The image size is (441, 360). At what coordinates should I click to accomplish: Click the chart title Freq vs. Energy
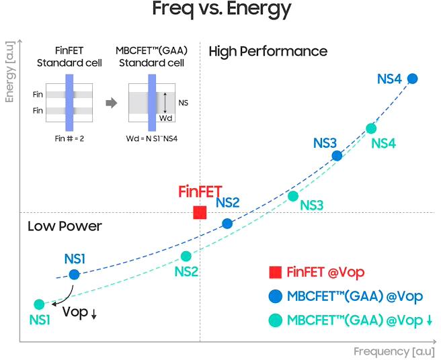click(221, 9)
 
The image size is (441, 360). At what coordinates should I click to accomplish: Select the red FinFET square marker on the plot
click(200, 212)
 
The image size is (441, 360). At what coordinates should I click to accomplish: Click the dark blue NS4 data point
click(413, 79)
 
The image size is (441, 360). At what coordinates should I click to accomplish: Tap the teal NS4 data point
click(371, 128)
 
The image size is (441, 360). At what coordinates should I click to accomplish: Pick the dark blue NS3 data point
click(337, 156)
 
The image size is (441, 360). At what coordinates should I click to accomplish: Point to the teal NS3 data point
click(293, 196)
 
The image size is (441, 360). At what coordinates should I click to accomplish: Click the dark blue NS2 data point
click(227, 223)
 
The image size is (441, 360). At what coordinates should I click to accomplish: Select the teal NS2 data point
click(187, 256)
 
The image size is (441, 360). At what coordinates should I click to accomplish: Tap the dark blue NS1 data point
click(74, 274)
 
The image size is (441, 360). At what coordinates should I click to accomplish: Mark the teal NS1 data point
click(39, 304)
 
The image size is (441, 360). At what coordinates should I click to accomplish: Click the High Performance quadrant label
click(268, 52)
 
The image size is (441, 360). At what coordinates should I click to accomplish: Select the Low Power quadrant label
click(65, 226)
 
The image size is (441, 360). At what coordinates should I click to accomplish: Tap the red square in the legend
click(275, 272)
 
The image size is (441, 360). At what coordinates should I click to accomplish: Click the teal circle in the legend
click(275, 321)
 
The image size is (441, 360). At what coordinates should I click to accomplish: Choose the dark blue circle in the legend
click(275, 296)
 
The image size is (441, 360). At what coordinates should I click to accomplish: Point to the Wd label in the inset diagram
click(166, 118)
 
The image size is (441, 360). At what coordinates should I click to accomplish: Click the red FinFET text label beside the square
click(200, 191)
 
